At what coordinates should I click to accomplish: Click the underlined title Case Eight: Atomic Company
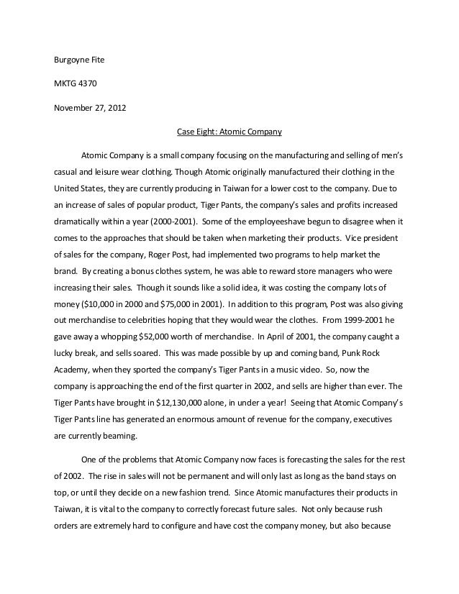pyautogui.click(x=229, y=132)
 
